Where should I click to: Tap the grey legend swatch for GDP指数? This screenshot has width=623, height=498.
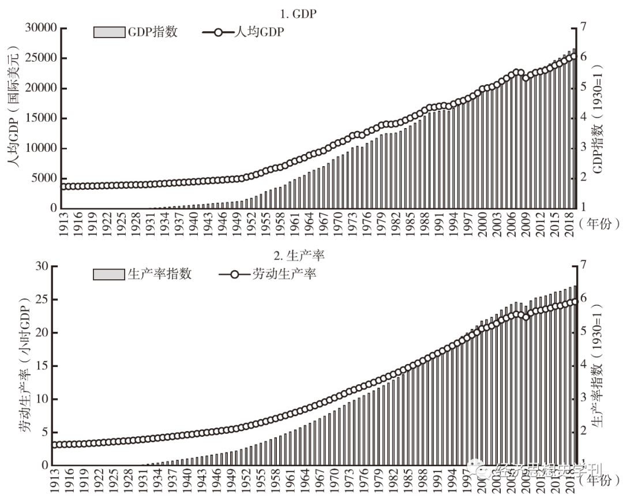[109, 32]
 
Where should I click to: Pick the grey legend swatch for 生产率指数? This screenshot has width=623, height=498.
[108, 274]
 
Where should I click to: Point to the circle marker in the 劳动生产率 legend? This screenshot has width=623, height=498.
[235, 274]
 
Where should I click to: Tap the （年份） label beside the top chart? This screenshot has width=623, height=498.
[599, 223]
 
